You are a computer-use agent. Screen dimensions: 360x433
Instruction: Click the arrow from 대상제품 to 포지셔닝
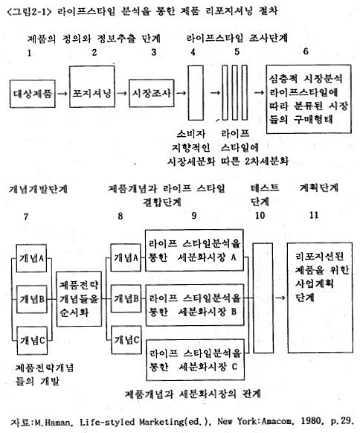(x=62, y=94)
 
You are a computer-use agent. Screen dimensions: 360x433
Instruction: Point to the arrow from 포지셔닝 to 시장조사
(x=122, y=93)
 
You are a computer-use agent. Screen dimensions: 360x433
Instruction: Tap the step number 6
(x=306, y=51)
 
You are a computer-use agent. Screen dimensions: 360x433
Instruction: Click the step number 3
(x=154, y=52)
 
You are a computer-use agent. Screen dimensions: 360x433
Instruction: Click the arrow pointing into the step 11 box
(x=280, y=298)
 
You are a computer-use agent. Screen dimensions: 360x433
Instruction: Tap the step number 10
(x=260, y=216)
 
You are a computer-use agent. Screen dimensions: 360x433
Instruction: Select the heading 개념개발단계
(x=38, y=189)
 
